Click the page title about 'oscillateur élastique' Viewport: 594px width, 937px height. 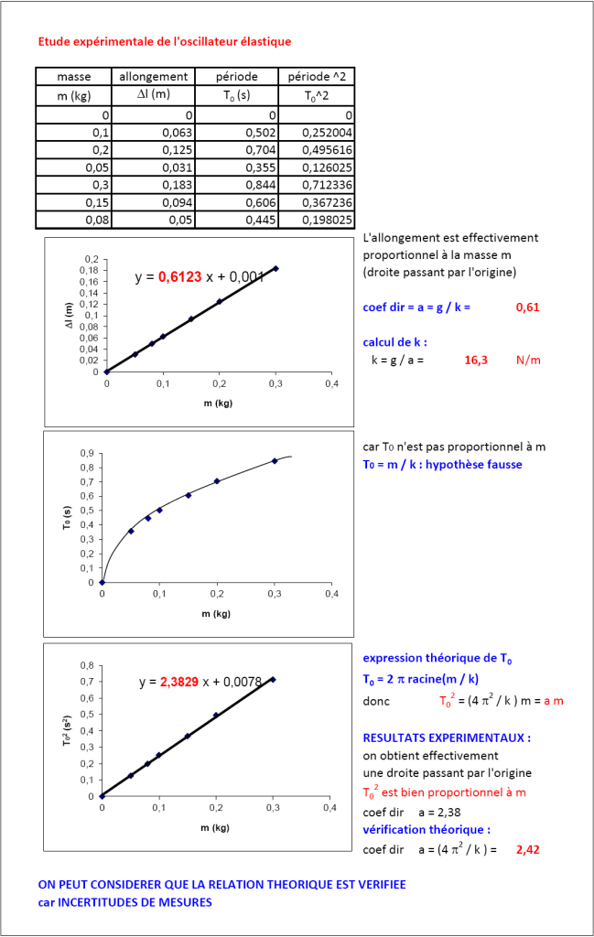pos(165,42)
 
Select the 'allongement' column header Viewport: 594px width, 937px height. pos(154,77)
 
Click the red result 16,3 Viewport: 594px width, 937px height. pos(476,360)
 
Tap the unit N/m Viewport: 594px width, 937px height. pos(528,360)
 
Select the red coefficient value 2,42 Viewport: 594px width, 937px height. pos(526,850)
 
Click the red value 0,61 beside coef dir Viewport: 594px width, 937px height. pos(526,307)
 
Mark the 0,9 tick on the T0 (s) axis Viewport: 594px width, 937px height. pos(88,453)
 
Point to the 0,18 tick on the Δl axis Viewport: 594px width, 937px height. pos(89,270)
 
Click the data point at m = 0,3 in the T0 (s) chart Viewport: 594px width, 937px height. pos(275,461)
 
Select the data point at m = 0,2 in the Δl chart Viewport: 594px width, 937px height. pos(220,301)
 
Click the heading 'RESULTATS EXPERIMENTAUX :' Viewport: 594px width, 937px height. pos(447,738)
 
